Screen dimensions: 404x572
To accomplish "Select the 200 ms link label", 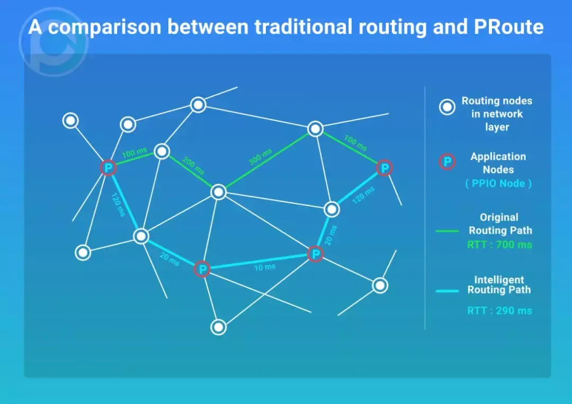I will (193, 166).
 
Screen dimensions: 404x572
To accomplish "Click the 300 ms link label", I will (260, 157).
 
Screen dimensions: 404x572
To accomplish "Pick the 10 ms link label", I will (264, 267).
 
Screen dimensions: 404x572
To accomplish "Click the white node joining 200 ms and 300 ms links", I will (218, 192).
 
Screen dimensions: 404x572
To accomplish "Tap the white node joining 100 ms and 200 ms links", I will (162, 152).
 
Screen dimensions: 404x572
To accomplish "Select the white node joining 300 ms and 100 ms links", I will (315, 129).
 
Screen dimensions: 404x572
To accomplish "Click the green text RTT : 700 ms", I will (499, 245).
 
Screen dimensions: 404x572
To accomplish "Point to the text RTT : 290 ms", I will (499, 311).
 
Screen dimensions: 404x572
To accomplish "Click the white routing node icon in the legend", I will (448, 107).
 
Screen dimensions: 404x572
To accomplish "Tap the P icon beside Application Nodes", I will (448, 162).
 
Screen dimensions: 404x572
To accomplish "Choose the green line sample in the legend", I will (446, 231).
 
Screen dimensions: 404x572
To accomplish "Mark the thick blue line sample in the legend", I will (446, 291).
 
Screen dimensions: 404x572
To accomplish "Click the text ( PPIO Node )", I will (498, 184).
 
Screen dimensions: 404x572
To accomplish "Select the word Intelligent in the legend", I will (499, 280).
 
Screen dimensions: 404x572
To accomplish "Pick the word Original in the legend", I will (499, 217).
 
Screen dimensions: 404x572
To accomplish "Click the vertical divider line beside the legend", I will (425, 212).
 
